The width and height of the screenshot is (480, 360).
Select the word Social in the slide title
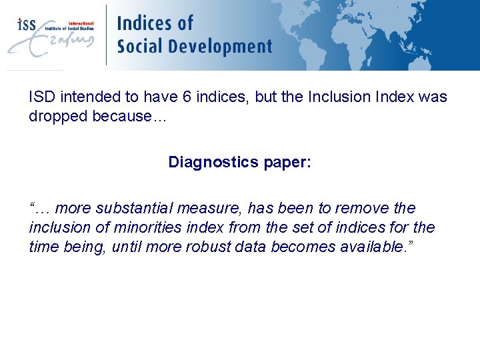click(x=139, y=47)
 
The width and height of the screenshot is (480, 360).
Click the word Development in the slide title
click(x=219, y=47)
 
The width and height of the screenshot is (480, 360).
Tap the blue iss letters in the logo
click(x=26, y=25)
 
